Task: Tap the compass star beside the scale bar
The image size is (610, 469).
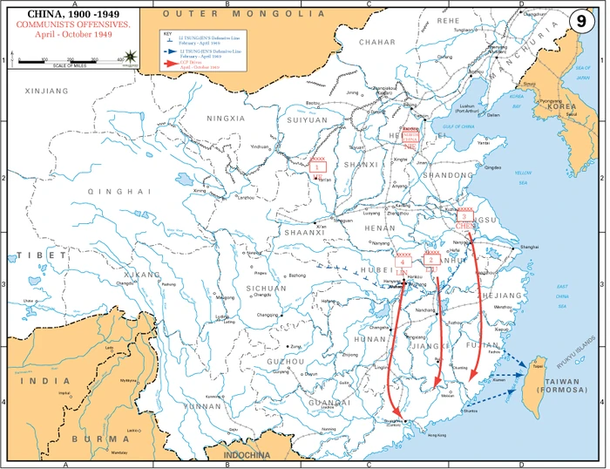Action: (131, 56)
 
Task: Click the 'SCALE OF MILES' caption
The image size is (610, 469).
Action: (71, 65)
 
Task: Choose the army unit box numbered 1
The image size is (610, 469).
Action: (319, 166)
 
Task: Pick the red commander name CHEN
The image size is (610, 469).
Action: (464, 226)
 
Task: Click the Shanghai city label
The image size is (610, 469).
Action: (529, 248)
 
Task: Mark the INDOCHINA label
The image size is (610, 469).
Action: (248, 455)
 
